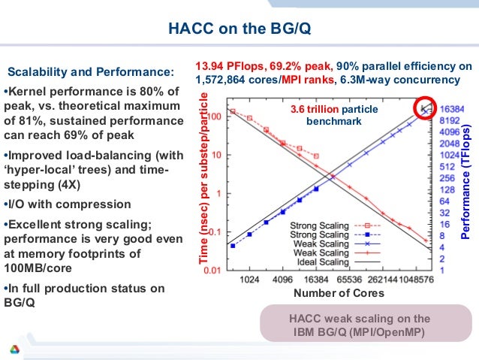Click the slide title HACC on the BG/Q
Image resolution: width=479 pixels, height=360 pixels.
pos(239,30)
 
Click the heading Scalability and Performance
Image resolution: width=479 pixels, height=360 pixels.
pos(90,73)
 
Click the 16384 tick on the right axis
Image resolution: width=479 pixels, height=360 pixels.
pos(453,109)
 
